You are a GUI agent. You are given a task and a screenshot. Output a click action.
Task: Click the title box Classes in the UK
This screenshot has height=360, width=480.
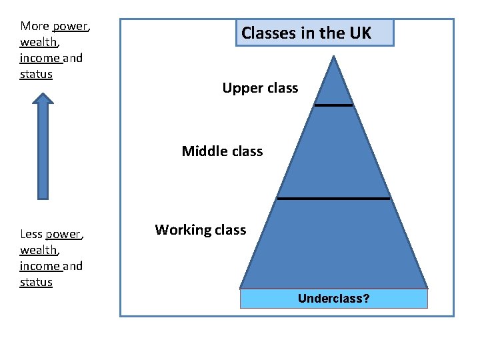tap(315, 33)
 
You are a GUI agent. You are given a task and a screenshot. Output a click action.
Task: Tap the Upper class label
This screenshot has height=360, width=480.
tap(260, 88)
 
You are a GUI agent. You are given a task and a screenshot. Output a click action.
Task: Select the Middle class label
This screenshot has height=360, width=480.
tap(222, 151)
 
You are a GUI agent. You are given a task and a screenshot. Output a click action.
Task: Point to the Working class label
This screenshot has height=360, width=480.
tap(200, 230)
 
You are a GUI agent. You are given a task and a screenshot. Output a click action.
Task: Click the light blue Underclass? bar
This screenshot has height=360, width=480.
tap(333, 298)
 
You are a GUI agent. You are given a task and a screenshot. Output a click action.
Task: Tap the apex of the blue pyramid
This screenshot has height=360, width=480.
tap(334, 58)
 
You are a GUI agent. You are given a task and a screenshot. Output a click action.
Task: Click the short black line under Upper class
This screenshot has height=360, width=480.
tap(333, 105)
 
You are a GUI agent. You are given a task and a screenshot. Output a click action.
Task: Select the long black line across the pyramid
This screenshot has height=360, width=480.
tap(333, 199)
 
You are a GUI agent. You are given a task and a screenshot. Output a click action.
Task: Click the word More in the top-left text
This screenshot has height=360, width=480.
tap(35, 27)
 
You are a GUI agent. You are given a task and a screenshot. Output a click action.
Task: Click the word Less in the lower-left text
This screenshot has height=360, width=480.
tap(32, 234)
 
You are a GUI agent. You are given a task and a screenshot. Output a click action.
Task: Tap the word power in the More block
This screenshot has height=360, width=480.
tap(70, 27)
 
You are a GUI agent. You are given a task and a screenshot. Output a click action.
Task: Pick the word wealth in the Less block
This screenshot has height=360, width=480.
tap(39, 250)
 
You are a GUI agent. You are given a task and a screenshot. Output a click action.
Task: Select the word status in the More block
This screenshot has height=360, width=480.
tap(36, 74)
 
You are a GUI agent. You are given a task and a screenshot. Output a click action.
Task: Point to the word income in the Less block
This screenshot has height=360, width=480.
tap(40, 266)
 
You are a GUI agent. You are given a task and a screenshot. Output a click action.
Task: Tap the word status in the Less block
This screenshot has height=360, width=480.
tap(36, 282)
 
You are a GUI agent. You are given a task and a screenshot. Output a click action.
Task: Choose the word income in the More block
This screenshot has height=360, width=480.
tap(40, 58)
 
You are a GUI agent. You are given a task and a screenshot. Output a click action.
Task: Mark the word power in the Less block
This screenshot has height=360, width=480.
tap(63, 234)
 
